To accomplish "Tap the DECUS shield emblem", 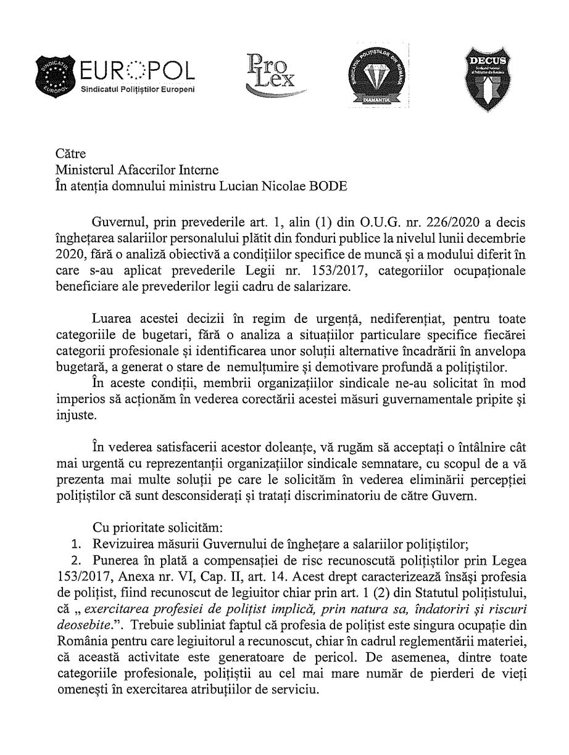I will [x=486, y=77].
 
